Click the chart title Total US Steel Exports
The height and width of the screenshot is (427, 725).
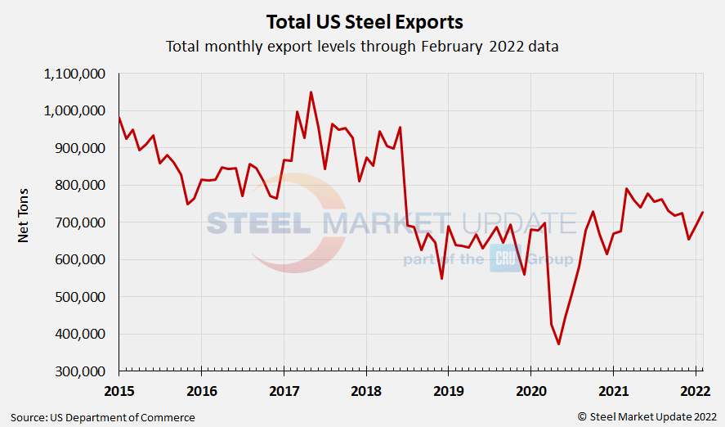pyautogui.click(x=362, y=21)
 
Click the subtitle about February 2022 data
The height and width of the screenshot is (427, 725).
pyautogui.click(x=362, y=46)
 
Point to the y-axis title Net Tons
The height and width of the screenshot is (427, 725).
pyautogui.click(x=24, y=222)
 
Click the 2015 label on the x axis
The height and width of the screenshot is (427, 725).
pyautogui.click(x=119, y=390)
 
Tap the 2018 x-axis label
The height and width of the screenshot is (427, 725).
pyautogui.click(x=366, y=390)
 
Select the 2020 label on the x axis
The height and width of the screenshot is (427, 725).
pyautogui.click(x=530, y=390)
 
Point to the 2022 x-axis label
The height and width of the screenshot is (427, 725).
pyautogui.click(x=696, y=390)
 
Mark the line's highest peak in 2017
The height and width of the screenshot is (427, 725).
pyautogui.click(x=311, y=92)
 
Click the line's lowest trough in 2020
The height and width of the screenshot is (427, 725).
pyautogui.click(x=558, y=344)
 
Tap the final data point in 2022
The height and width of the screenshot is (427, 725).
pyautogui.click(x=702, y=213)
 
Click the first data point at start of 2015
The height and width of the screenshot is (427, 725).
pyautogui.click(x=119, y=118)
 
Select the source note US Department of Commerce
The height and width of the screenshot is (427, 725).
pyautogui.click(x=102, y=417)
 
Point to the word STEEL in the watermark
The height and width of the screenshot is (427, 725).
pyautogui.click(x=257, y=222)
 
